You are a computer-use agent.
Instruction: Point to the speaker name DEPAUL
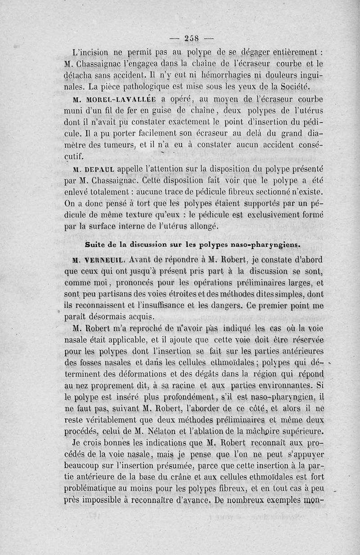(102, 170)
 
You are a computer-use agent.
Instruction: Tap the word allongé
(201, 227)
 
